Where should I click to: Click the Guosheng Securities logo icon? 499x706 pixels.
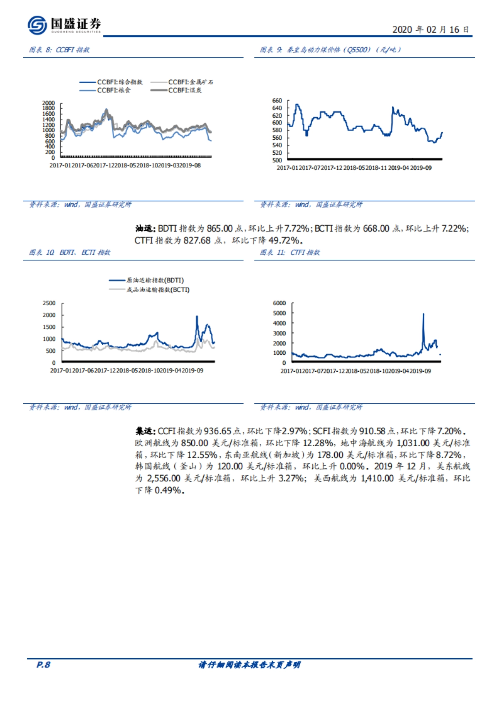37,25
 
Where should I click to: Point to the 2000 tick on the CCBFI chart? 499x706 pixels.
49,103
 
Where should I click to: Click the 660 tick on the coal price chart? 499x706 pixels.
277,101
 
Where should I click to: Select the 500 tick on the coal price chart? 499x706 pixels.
277,160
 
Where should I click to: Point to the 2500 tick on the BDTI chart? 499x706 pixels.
49,303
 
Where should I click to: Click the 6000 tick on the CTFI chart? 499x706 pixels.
279,303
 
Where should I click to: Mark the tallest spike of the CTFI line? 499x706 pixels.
423,314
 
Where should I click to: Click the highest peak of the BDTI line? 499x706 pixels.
197,317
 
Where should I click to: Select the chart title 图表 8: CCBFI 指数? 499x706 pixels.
59,50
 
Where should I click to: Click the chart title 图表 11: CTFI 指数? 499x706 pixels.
290,252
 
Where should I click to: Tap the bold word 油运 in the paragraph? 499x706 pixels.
145,228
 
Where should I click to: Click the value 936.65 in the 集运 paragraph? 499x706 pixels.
217,431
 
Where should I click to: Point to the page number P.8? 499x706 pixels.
43,664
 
